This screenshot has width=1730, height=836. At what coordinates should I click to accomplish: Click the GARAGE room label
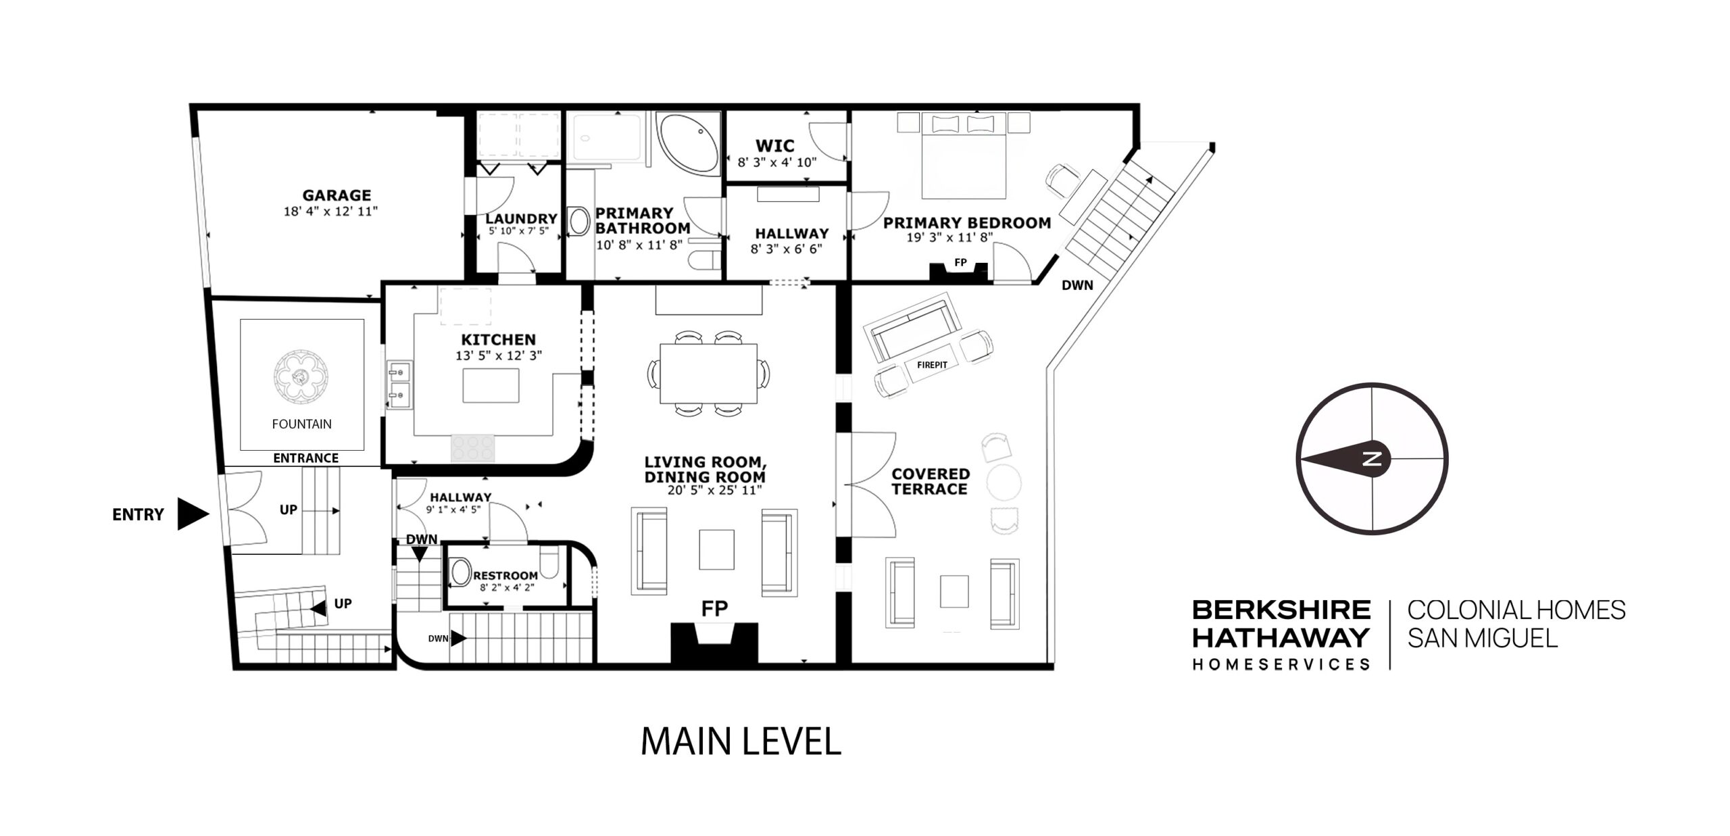click(337, 195)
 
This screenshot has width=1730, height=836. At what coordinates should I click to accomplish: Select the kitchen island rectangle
click(491, 385)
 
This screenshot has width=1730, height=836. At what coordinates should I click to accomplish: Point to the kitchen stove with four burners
click(473, 447)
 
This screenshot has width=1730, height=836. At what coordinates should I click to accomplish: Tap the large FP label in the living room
click(714, 609)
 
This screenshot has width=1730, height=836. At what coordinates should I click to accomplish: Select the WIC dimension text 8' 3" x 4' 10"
click(777, 163)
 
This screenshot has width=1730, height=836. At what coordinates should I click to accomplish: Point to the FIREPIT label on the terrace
click(932, 365)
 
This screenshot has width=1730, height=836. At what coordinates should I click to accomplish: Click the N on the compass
click(1372, 459)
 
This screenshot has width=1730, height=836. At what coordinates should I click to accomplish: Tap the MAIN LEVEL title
click(741, 741)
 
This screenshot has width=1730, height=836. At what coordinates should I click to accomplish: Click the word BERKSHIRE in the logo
click(1281, 610)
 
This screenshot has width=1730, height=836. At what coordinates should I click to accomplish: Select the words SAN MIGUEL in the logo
click(1483, 638)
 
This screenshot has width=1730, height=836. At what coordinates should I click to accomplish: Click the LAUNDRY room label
click(521, 218)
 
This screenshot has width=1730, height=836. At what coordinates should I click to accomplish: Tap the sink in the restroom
click(461, 572)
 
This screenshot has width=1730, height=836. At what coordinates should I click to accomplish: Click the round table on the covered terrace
click(1004, 482)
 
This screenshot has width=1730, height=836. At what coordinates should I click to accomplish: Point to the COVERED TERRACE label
click(931, 481)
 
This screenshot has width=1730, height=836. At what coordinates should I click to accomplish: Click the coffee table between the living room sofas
click(716, 549)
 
